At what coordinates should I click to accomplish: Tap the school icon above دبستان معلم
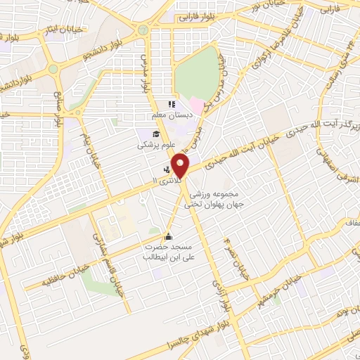point(172,104)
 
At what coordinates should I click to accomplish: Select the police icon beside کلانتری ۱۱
point(167,169)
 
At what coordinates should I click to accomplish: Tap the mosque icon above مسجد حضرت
point(167,236)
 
